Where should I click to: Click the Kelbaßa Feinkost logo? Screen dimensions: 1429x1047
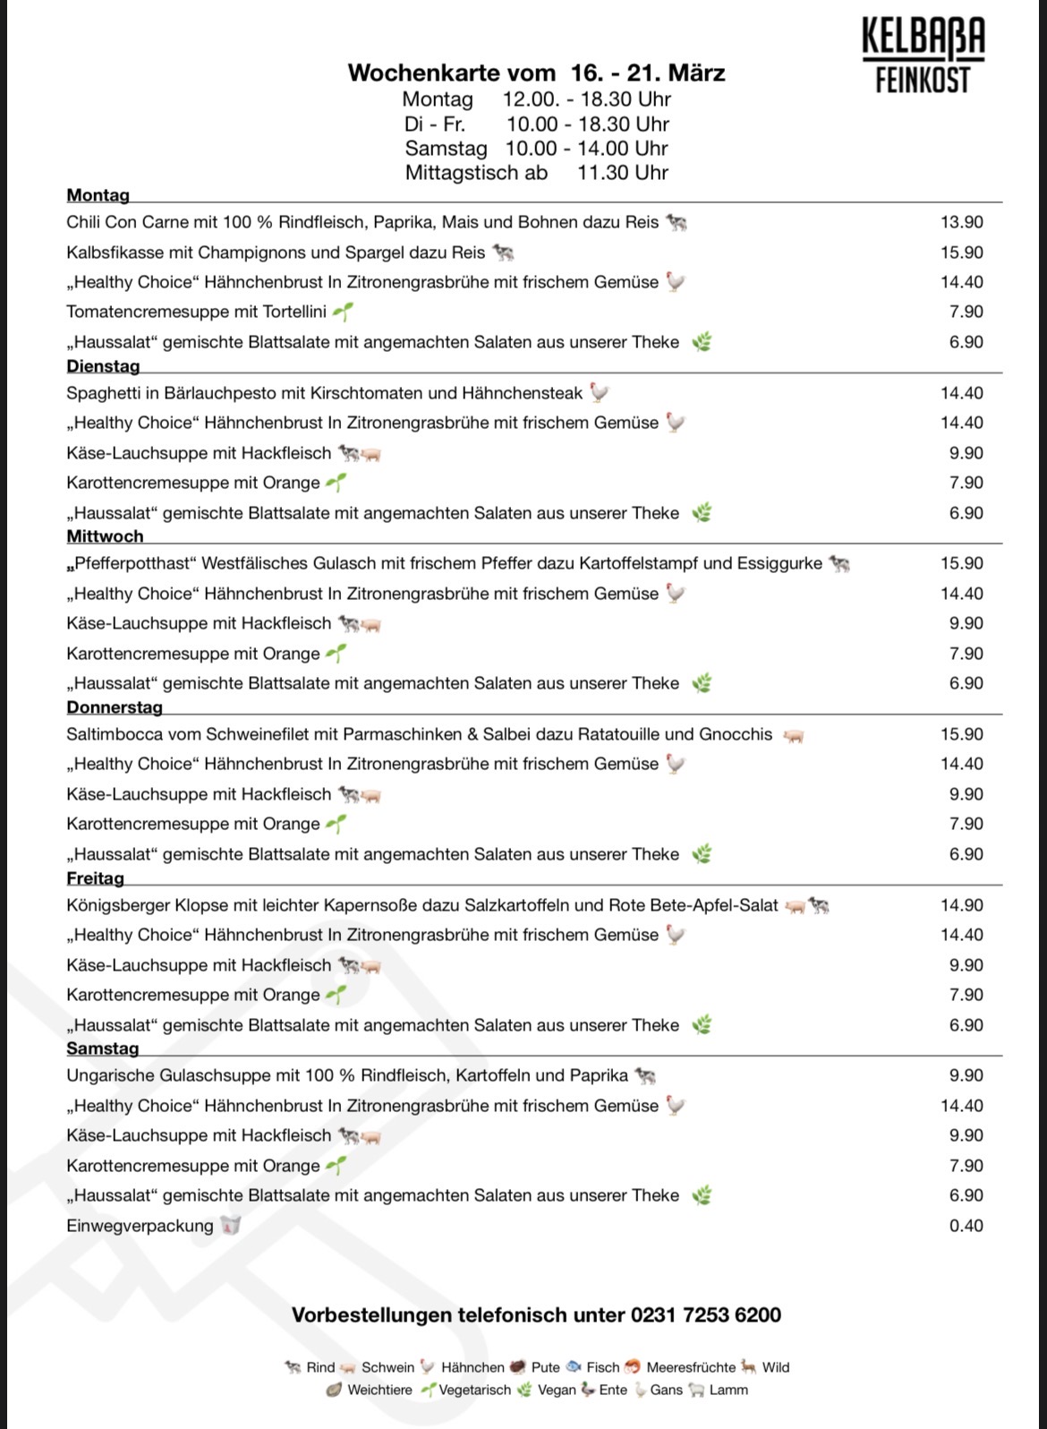[923, 55]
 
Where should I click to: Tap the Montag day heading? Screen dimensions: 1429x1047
[98, 195]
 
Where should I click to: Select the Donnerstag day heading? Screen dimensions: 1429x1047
[115, 707]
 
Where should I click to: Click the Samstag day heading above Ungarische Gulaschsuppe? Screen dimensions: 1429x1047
[103, 1048]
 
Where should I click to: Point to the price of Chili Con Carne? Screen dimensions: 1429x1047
[961, 222]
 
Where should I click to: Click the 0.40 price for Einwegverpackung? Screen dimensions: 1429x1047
[966, 1226]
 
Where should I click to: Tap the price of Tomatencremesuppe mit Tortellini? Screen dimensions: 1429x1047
[966, 312]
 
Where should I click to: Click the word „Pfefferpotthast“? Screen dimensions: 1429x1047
[131, 563]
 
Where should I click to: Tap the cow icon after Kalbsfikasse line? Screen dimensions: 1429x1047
[504, 252]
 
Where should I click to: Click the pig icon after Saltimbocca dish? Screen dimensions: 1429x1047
[793, 735]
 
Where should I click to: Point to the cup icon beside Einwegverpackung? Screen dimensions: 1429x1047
[231, 1226]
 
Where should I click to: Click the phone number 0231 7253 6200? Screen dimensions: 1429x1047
[706, 1315]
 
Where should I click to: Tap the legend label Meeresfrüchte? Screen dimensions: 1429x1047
[690, 1367]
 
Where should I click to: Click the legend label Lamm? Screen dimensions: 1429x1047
[728, 1390]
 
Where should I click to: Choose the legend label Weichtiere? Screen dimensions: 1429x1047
[379, 1390]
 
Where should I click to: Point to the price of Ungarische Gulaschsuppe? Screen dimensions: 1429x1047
[966, 1075]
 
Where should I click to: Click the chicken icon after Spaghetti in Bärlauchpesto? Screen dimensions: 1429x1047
[599, 393]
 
